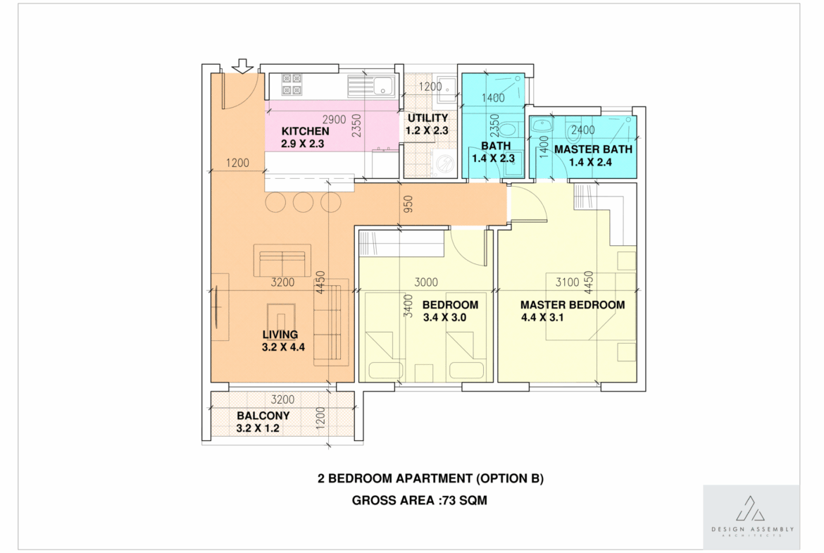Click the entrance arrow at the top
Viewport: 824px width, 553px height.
click(x=242, y=66)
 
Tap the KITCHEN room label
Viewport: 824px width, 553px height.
click(x=306, y=132)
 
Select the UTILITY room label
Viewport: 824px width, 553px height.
click(x=427, y=118)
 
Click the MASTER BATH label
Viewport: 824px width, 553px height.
click(x=593, y=149)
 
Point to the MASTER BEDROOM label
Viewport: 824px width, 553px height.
click(x=573, y=305)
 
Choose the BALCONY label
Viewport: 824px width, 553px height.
click(x=263, y=416)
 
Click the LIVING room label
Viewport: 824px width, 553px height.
click(x=280, y=335)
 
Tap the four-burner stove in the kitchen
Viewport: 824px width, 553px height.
click(x=292, y=85)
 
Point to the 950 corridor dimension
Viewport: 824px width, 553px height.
click(x=408, y=204)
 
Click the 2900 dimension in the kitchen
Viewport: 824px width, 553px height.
click(x=335, y=120)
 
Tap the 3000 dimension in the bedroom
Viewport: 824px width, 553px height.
click(x=426, y=282)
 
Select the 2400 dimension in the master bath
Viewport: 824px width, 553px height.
click(x=583, y=130)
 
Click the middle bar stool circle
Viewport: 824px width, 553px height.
click(x=304, y=202)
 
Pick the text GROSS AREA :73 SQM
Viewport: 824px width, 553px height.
click(x=419, y=500)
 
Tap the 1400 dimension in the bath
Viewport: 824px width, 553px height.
click(x=493, y=98)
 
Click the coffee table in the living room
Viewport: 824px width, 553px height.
click(x=281, y=317)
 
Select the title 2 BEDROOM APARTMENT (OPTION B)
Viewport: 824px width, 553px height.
click(x=430, y=478)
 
